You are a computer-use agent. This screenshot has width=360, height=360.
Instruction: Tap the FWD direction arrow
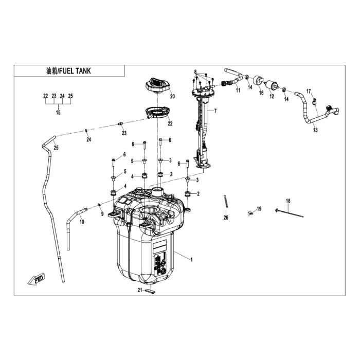(37, 279)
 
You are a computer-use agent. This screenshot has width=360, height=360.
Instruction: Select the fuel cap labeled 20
(157, 86)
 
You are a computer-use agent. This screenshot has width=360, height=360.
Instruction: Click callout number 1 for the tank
(191, 260)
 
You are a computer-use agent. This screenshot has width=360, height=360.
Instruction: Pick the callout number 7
(215, 111)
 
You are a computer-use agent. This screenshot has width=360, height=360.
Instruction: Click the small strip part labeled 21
(150, 291)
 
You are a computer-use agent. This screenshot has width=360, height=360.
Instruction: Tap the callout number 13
(315, 130)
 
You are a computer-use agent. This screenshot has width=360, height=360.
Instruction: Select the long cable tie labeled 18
(289, 213)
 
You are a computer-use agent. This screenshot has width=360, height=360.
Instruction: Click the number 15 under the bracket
(58, 113)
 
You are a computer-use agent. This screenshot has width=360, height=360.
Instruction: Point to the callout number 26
(226, 218)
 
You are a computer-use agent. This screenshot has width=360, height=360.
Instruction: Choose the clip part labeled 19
(250, 213)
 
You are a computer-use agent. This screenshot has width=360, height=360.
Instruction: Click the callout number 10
(82, 222)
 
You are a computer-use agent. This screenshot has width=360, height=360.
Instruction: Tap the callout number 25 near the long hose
(56, 148)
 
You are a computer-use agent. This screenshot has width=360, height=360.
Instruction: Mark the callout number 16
(261, 93)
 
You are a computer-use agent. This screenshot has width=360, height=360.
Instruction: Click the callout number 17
(309, 92)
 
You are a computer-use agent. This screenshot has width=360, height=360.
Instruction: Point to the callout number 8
(195, 71)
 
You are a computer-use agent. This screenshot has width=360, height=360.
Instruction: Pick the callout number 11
(238, 90)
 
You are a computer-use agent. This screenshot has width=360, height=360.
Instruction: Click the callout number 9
(102, 214)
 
